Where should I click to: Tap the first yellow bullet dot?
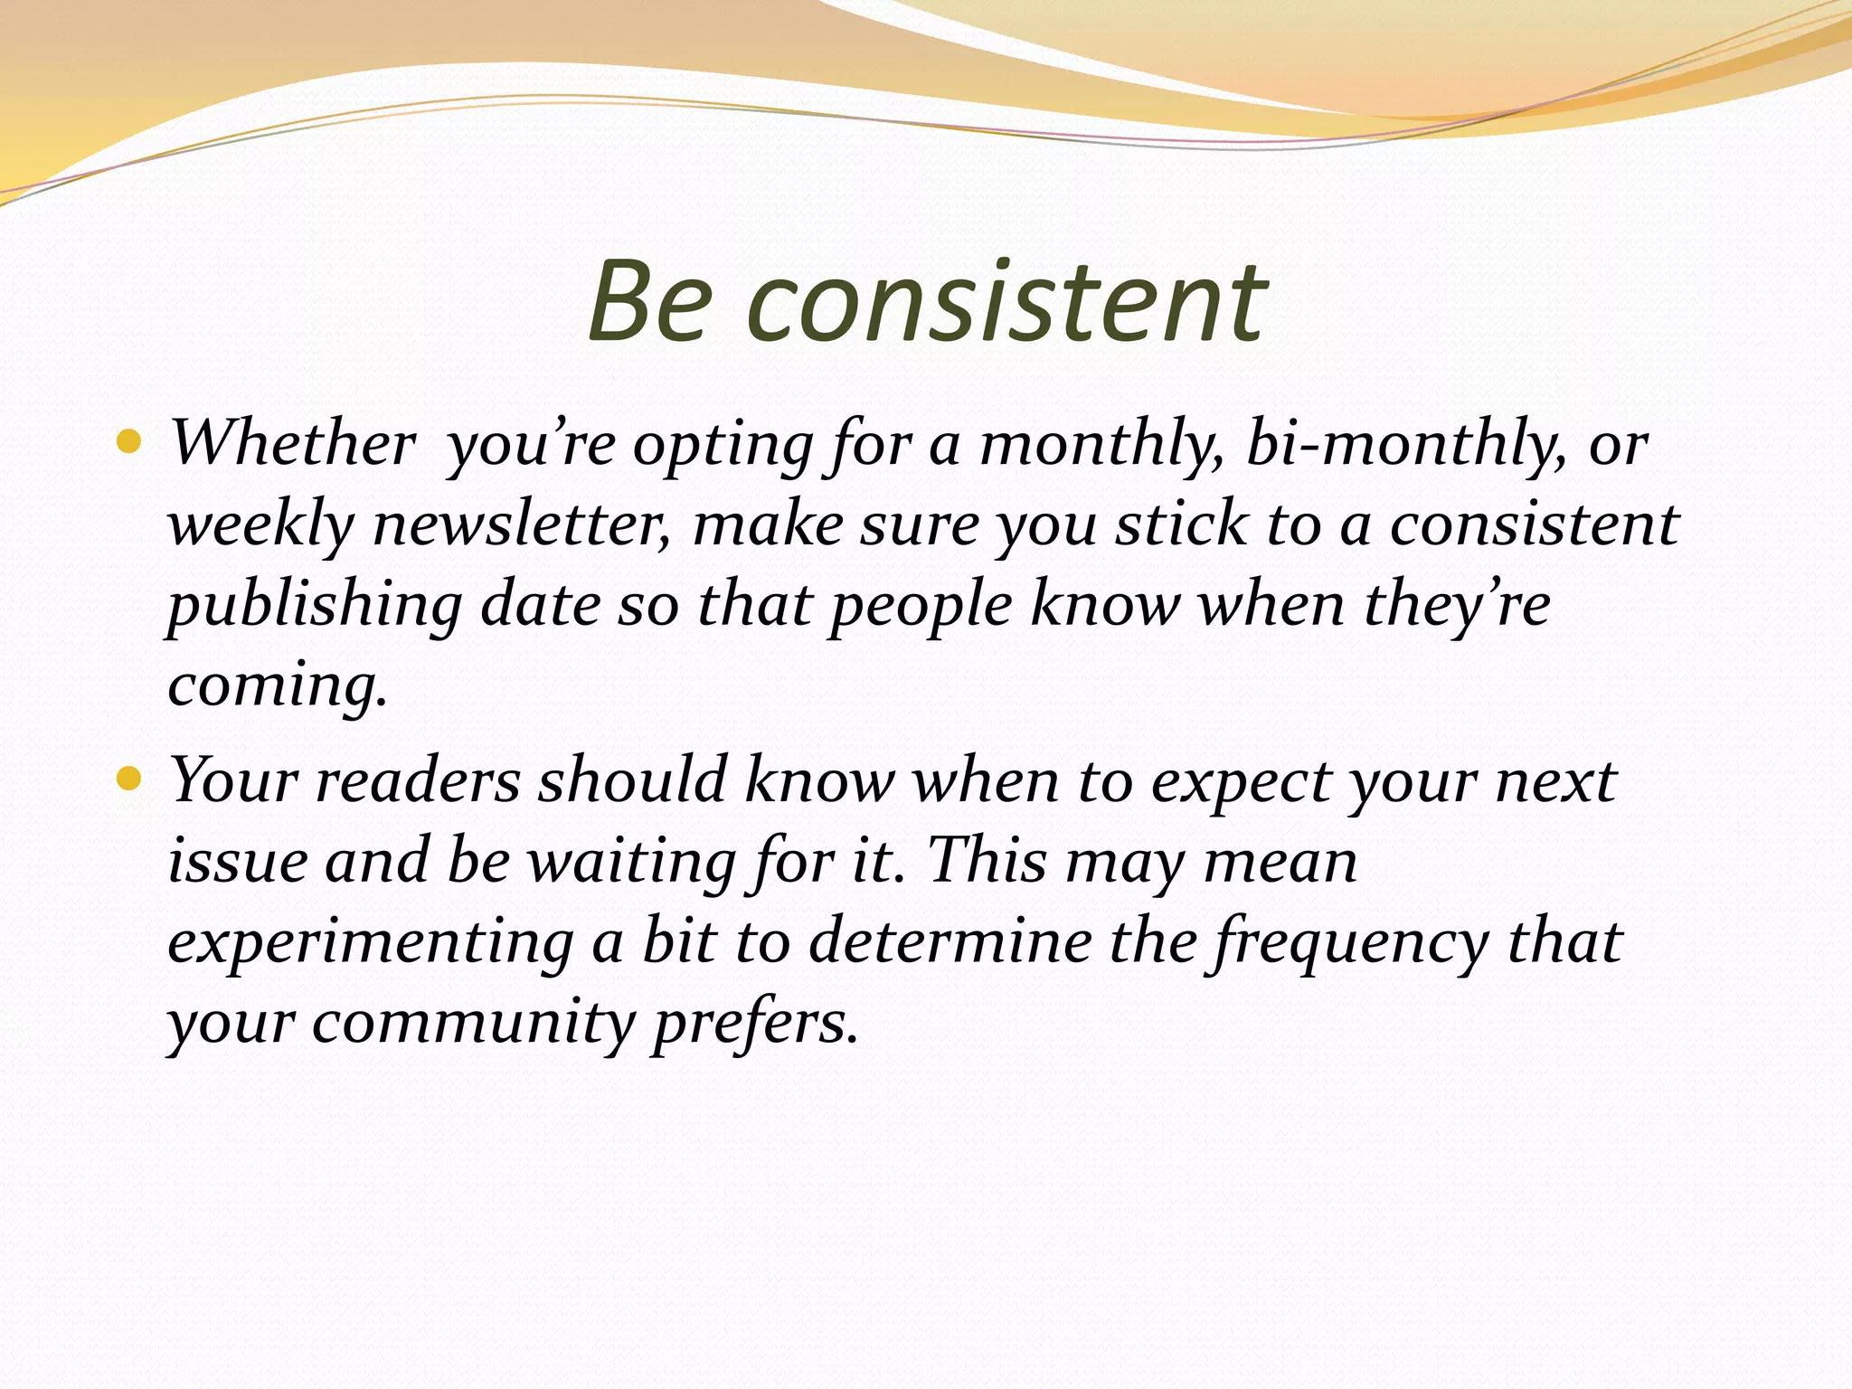[129, 442]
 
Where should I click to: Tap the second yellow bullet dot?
[129, 778]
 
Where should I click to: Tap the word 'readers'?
[418, 780]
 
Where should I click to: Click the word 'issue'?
[238, 861]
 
